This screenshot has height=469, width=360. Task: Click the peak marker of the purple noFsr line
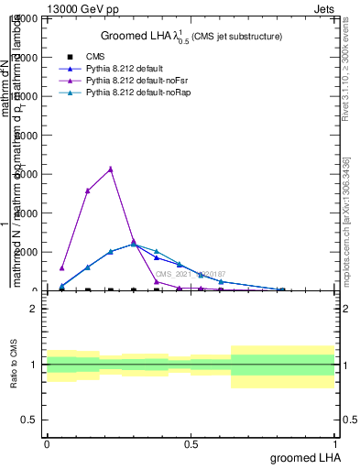coord(110,169)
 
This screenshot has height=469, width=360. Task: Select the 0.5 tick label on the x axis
coord(191,443)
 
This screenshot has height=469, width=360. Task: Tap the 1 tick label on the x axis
coord(335,443)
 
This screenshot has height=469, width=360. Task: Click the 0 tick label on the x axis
coord(47,443)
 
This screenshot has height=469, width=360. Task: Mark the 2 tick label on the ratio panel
coord(34,309)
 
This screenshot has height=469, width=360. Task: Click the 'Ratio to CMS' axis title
coord(14,365)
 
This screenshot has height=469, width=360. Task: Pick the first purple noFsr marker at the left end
coord(61,268)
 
